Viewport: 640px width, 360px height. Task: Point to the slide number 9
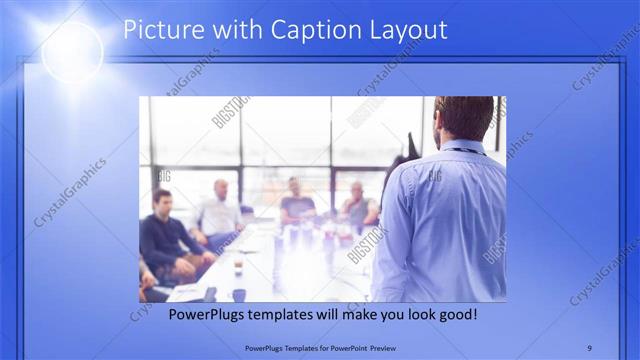(589, 348)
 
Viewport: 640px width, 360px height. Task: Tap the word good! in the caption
(458, 314)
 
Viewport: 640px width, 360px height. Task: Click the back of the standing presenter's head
(464, 117)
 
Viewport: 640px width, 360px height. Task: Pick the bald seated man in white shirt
(220, 211)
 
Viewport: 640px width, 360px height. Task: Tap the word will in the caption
(323, 314)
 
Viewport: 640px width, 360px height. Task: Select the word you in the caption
(384, 314)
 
